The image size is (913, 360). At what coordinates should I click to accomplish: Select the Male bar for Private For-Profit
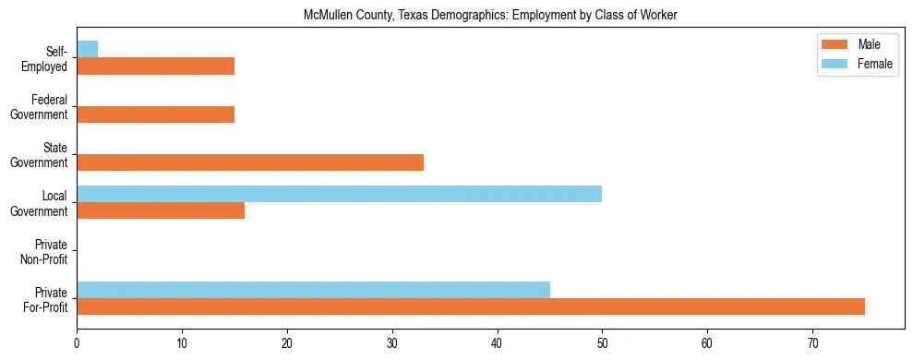click(x=471, y=306)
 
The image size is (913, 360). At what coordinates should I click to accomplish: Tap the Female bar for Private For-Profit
click(x=313, y=290)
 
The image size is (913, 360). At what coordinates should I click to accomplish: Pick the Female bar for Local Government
click(x=339, y=194)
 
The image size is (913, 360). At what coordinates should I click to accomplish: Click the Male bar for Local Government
click(x=161, y=210)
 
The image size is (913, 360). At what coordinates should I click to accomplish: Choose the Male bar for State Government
click(x=250, y=162)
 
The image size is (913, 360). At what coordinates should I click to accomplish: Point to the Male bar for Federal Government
click(x=155, y=114)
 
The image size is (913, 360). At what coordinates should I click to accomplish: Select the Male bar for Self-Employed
click(x=155, y=66)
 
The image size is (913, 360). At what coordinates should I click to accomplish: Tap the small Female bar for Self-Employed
click(x=87, y=49)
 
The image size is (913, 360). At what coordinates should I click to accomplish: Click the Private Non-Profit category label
click(x=49, y=252)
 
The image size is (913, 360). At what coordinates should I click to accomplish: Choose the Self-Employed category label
click(x=48, y=59)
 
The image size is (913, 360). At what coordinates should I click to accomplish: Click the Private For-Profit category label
click(x=48, y=299)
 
